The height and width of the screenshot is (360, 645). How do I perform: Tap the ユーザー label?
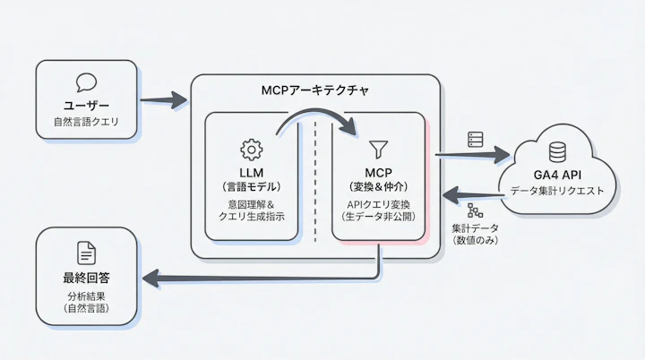(86, 104)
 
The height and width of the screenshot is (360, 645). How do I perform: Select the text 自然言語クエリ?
(86, 120)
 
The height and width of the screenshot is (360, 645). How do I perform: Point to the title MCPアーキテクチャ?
(314, 91)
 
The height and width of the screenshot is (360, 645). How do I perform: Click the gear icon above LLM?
(251, 149)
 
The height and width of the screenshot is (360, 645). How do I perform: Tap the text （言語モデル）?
(251, 186)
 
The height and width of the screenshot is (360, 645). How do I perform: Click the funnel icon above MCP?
(377, 149)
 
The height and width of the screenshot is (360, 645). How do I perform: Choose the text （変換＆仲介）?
(377, 186)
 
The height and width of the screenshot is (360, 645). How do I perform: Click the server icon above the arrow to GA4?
(475, 140)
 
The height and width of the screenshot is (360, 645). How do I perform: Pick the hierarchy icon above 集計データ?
(475, 211)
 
